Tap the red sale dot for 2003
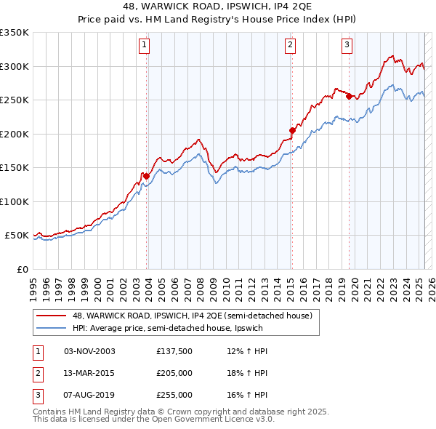(x=146, y=175)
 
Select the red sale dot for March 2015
(x=292, y=130)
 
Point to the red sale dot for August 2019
(x=349, y=96)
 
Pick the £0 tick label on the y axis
(x=23, y=269)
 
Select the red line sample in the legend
(x=52, y=316)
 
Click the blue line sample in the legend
(x=52, y=327)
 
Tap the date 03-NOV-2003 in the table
(x=90, y=351)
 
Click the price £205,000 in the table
(x=174, y=373)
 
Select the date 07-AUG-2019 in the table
(x=90, y=395)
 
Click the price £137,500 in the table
(x=174, y=351)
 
